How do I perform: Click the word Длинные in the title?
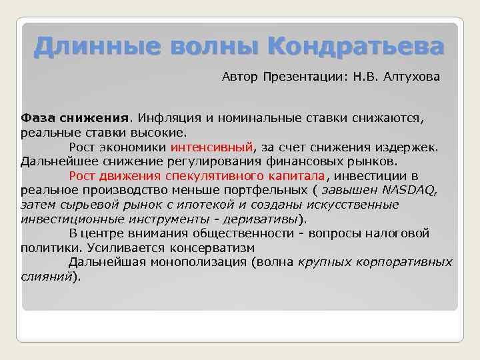(x=79, y=47)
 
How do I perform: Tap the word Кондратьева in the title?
(x=355, y=47)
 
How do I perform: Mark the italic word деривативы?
(x=262, y=219)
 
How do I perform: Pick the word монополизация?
(x=191, y=262)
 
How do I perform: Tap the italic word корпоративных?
(x=408, y=262)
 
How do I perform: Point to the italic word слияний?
(x=45, y=276)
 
